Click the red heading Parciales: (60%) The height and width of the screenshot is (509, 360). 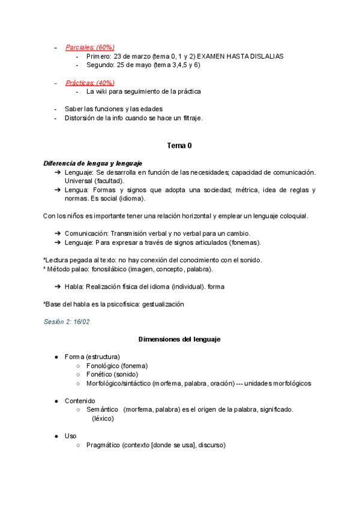pos(90,47)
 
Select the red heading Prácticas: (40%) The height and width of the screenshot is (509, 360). pos(90,83)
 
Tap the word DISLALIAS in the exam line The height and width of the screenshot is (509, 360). pos(263,56)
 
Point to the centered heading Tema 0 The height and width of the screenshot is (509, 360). pos(179,146)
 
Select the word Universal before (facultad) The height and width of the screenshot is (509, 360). pos(80,181)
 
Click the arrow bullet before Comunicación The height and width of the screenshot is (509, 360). pos(58,233)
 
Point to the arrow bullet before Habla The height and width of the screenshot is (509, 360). pos(58,287)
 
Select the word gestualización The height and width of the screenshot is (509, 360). pos(163,304)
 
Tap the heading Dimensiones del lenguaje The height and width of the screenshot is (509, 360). pos(179,340)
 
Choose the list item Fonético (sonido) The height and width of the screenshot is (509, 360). pos(112,375)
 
